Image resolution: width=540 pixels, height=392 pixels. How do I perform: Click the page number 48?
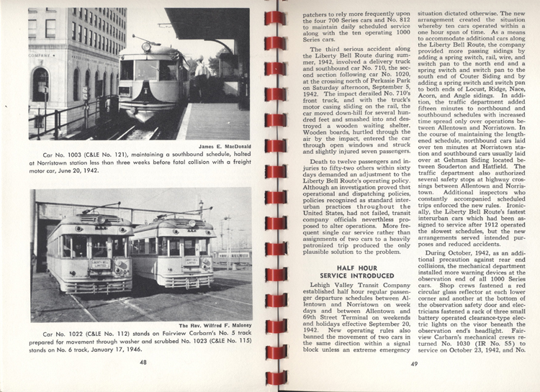tap(144, 363)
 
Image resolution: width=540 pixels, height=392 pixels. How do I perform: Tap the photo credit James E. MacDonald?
tap(223, 147)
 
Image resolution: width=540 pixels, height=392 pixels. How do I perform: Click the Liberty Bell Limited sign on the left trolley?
tap(99, 264)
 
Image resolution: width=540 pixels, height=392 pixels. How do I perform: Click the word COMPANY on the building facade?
tap(41, 55)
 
